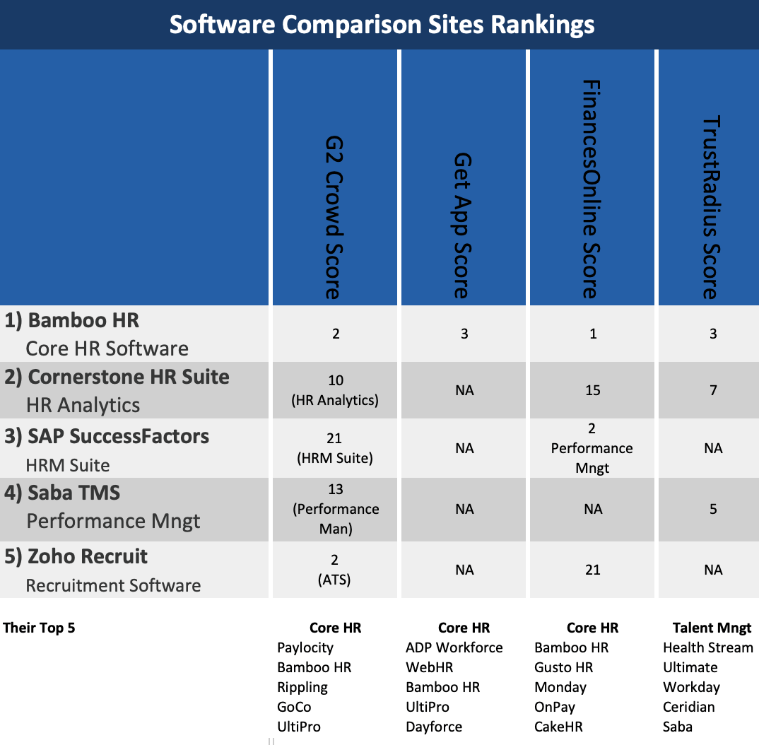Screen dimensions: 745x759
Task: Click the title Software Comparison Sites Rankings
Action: click(x=382, y=25)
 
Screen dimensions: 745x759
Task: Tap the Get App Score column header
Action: click(x=463, y=225)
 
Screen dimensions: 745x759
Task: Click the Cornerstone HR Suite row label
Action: click(x=128, y=377)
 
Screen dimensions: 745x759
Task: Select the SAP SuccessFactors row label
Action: click(x=118, y=436)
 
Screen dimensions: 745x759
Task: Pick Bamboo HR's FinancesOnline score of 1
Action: click(x=593, y=334)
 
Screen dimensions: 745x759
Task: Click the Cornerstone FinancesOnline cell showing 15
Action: click(x=593, y=390)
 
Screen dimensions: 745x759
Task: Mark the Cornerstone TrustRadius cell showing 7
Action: click(x=713, y=390)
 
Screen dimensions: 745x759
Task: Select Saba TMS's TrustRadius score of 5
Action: click(x=713, y=509)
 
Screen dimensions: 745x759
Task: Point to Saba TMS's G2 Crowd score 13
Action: click(x=336, y=490)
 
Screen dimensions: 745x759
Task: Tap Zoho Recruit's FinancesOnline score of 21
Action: click(x=593, y=570)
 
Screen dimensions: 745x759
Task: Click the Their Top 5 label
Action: click(x=39, y=628)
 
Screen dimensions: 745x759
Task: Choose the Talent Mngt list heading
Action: click(x=712, y=628)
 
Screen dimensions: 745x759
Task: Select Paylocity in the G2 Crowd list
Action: click(x=305, y=647)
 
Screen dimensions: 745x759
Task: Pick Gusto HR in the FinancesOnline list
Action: click(x=563, y=667)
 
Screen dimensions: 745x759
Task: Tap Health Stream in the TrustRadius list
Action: click(x=707, y=647)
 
